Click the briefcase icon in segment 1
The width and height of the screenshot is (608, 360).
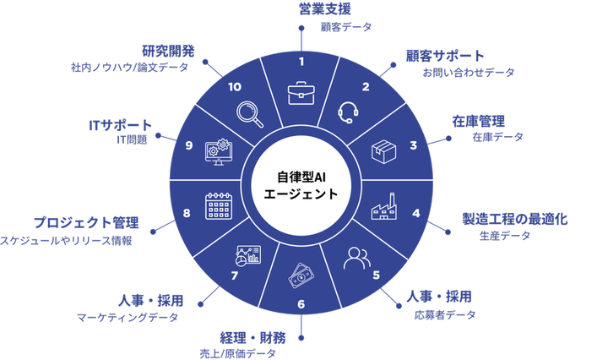[x=302, y=92]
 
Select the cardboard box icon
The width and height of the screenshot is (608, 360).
[x=383, y=153]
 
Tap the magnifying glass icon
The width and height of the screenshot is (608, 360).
[x=251, y=112]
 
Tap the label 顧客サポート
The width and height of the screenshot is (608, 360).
[x=445, y=56]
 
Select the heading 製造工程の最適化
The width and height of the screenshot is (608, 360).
[x=513, y=219]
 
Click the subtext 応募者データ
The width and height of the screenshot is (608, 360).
[x=444, y=315]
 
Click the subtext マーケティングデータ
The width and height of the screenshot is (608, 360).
[x=128, y=318]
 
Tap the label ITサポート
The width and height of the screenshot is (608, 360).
[x=120, y=123]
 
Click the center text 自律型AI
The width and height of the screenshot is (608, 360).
[x=301, y=177]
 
